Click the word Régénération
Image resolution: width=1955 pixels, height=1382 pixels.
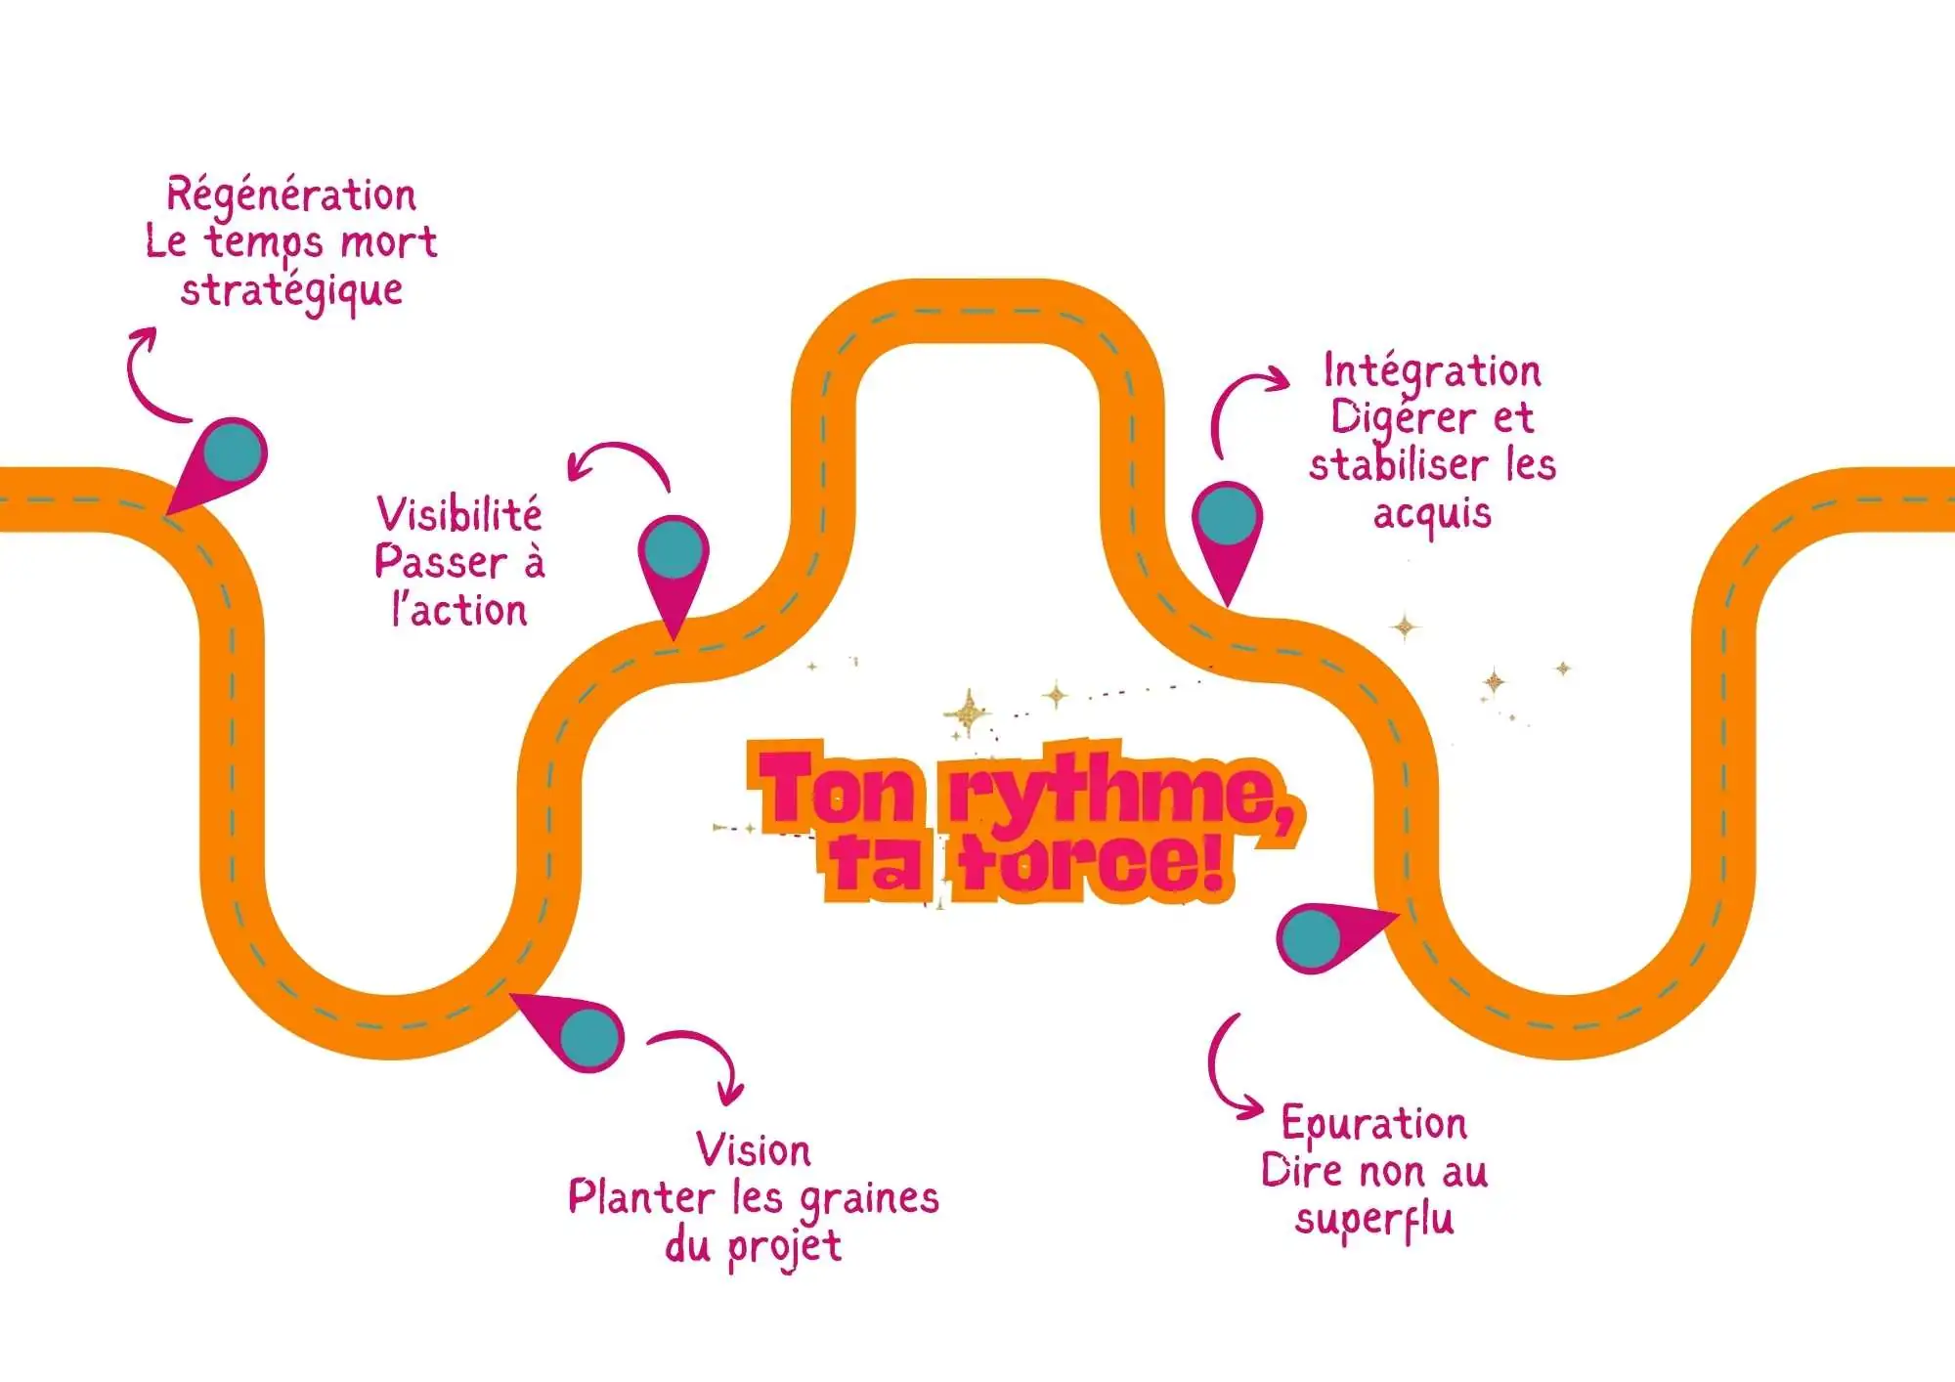[291, 195]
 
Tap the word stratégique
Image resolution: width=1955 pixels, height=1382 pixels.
[291, 291]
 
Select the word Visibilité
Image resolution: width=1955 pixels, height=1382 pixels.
[459, 514]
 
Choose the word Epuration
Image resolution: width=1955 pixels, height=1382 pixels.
[1374, 1124]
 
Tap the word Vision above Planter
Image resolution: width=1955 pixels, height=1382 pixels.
[754, 1150]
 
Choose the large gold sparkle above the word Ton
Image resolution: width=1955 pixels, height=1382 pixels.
[969, 713]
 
